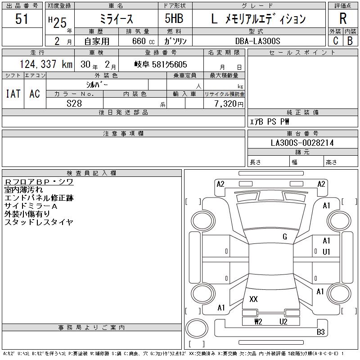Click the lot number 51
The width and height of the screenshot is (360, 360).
point(22,18)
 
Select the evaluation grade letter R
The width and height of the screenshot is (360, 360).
point(343,18)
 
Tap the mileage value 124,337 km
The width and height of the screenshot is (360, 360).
point(46,64)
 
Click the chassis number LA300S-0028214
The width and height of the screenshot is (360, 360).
point(302,143)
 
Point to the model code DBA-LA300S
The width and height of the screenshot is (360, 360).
point(257,41)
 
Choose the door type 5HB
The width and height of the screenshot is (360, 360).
point(174,18)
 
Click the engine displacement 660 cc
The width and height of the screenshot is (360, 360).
point(143,41)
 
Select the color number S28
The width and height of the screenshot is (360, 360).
point(74,103)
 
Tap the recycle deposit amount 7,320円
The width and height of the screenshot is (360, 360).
point(229,103)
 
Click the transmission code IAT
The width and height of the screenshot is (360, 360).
point(13,94)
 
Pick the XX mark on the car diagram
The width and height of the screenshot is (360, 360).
point(253,299)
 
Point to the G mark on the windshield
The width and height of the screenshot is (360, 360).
point(285,237)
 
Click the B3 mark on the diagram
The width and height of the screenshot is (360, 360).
point(320,332)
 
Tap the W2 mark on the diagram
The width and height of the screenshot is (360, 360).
point(258,321)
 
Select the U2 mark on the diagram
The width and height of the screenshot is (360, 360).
point(283,321)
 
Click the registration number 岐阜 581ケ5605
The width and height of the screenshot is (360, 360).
point(161,64)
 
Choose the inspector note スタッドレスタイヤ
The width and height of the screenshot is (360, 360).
point(39,222)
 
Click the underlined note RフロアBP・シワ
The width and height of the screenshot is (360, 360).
point(39,182)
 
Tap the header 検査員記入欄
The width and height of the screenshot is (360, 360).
point(91,173)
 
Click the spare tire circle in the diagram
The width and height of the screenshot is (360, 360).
point(197,328)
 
